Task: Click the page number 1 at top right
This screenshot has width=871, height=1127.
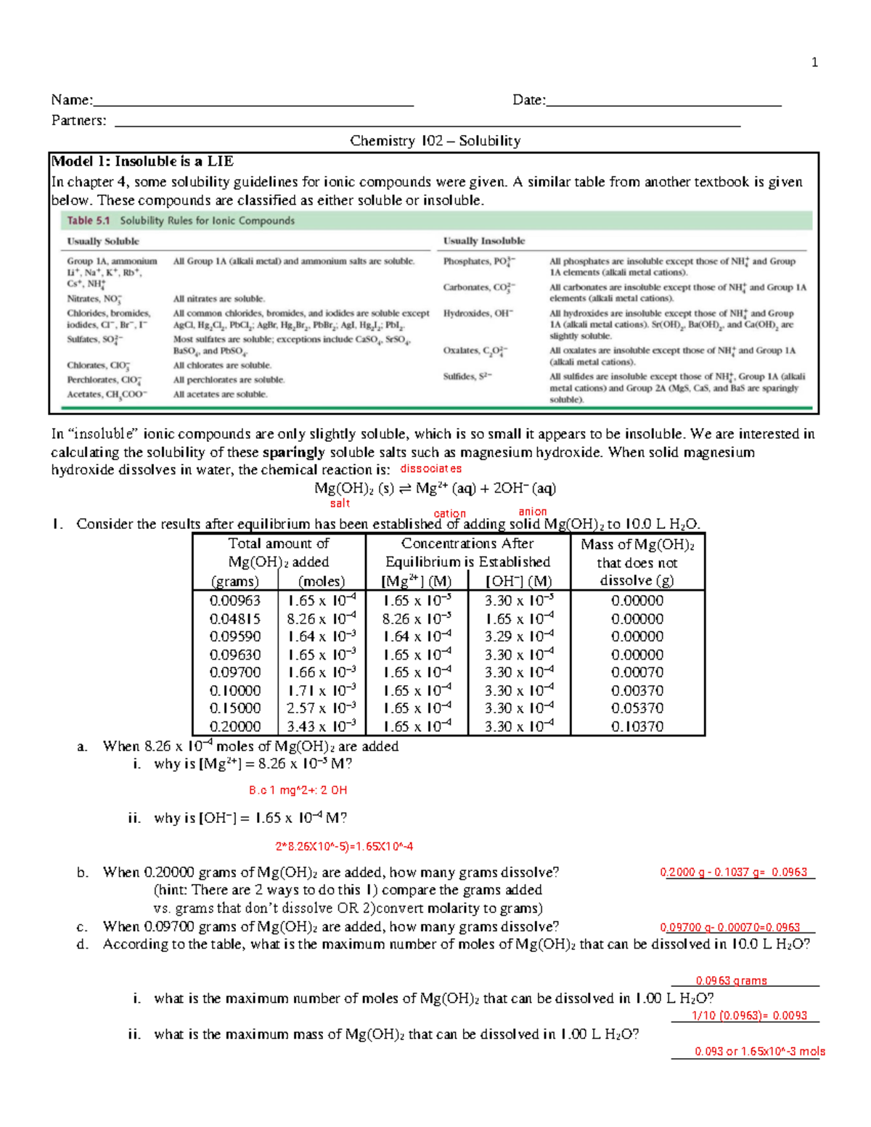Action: [814, 62]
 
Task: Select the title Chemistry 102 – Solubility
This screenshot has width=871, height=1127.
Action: [435, 141]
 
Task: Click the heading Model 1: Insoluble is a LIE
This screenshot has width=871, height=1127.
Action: [142, 161]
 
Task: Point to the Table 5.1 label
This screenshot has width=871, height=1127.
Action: [89, 221]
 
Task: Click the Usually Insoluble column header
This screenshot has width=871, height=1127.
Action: [484, 241]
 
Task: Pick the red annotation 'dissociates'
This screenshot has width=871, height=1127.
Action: [430, 469]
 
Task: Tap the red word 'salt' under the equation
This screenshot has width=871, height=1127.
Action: [340, 503]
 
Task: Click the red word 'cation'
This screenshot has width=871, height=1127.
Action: [449, 513]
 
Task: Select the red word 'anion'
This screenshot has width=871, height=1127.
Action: [532, 512]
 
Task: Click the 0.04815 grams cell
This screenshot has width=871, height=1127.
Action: [234, 619]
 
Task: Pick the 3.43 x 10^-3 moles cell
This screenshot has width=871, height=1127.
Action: [322, 726]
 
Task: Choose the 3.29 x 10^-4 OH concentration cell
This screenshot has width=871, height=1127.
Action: [519, 636]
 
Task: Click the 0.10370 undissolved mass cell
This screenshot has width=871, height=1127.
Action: [637, 726]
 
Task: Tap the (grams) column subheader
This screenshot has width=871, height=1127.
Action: [234, 581]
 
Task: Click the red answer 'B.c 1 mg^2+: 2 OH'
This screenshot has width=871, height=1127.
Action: [298, 790]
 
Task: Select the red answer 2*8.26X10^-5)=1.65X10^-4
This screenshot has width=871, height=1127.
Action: [344, 846]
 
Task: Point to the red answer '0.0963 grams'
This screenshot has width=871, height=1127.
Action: [731, 980]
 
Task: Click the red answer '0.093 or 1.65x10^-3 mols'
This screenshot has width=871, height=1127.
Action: [759, 1052]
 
